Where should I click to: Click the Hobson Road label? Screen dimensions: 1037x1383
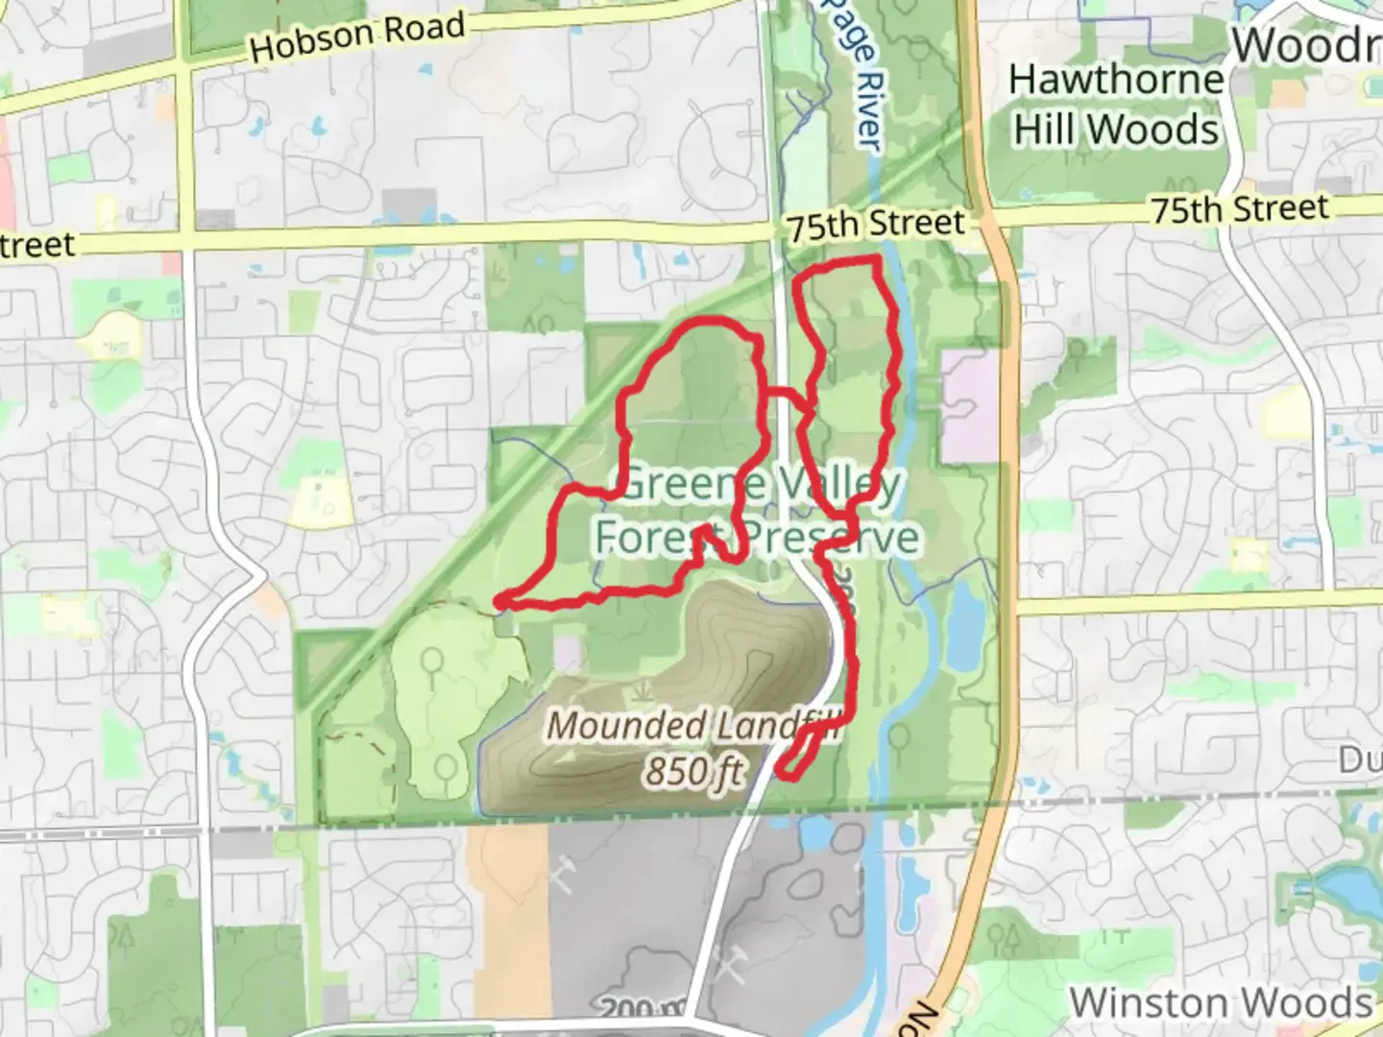click(x=357, y=36)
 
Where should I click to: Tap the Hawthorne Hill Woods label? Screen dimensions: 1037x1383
click(x=1116, y=105)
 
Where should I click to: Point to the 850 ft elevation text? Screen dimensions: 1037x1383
click(x=694, y=770)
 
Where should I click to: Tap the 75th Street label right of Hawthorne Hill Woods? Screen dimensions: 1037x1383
click(x=1240, y=208)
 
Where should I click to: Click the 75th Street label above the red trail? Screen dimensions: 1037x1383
click(x=875, y=225)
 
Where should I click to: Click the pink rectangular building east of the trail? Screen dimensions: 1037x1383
click(x=970, y=404)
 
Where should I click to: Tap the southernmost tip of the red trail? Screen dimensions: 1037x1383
click(x=788, y=775)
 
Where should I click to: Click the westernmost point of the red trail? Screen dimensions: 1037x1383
click(x=500, y=603)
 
